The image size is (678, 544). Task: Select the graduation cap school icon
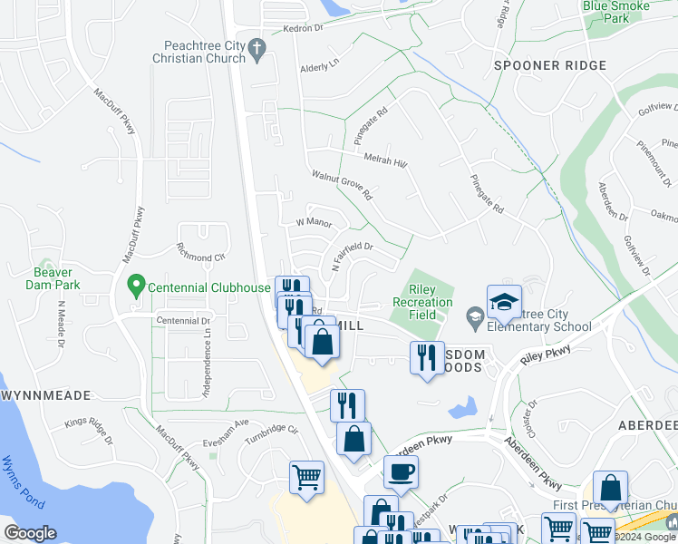coord(504,302)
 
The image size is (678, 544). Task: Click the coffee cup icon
coord(401,472)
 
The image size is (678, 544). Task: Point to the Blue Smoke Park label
coord(619,11)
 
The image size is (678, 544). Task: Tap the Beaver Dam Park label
coord(58,277)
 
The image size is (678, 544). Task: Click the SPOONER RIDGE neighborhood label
coord(537,65)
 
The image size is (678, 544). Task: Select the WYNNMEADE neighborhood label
coord(45,396)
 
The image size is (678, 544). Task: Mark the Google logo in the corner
coord(30,533)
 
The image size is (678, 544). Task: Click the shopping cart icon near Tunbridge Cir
coord(307,479)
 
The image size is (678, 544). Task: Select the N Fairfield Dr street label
coord(353,256)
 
